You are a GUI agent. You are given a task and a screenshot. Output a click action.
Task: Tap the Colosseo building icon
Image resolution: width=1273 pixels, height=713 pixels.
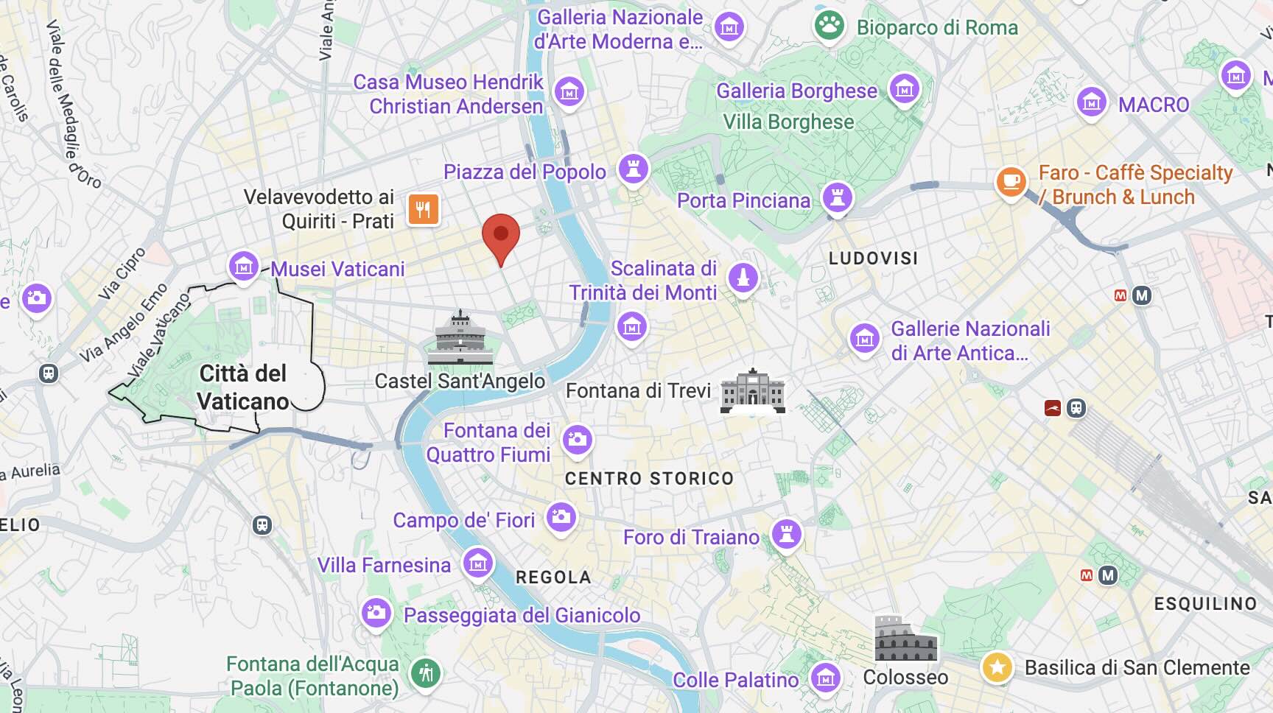pos(905,639)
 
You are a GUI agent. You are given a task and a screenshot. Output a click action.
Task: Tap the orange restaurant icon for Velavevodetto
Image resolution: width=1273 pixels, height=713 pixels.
pos(423,210)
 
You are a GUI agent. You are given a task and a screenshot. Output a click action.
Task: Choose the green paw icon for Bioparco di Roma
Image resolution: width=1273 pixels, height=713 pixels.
pos(829,26)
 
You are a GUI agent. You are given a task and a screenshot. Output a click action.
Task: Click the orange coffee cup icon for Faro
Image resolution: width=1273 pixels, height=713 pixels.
pos(1011,181)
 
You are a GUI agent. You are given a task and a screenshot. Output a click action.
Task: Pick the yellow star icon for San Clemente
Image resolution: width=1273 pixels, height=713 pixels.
pos(997,667)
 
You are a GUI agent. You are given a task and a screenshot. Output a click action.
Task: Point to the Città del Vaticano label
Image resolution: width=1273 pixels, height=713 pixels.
pos(243,387)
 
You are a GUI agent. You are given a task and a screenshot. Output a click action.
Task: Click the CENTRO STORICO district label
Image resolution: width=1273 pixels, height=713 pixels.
pos(649,479)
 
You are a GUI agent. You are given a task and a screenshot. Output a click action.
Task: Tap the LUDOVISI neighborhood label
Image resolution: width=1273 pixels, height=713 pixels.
pos(873,259)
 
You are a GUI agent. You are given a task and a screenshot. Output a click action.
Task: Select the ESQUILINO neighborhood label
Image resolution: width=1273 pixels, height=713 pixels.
pos(1205,604)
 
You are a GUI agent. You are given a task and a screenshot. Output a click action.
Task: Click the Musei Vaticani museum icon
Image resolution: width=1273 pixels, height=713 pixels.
pos(243,265)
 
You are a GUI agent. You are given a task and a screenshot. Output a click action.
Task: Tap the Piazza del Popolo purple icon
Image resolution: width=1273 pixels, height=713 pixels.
pos(633,169)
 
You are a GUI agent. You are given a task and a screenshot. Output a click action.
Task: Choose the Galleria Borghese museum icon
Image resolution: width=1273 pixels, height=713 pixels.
pos(905,89)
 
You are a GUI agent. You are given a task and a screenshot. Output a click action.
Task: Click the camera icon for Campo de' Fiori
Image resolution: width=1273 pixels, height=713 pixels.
pos(561,516)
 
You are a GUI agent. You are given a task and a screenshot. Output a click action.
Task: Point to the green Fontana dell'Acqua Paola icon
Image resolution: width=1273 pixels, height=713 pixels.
pos(425,672)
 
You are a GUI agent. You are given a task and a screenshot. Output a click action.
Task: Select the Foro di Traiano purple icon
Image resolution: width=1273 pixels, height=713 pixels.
pos(786,533)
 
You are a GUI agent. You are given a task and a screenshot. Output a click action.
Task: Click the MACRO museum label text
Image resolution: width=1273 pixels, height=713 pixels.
pos(1153,105)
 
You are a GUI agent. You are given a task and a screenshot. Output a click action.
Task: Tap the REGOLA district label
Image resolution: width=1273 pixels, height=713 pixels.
pos(553,577)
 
